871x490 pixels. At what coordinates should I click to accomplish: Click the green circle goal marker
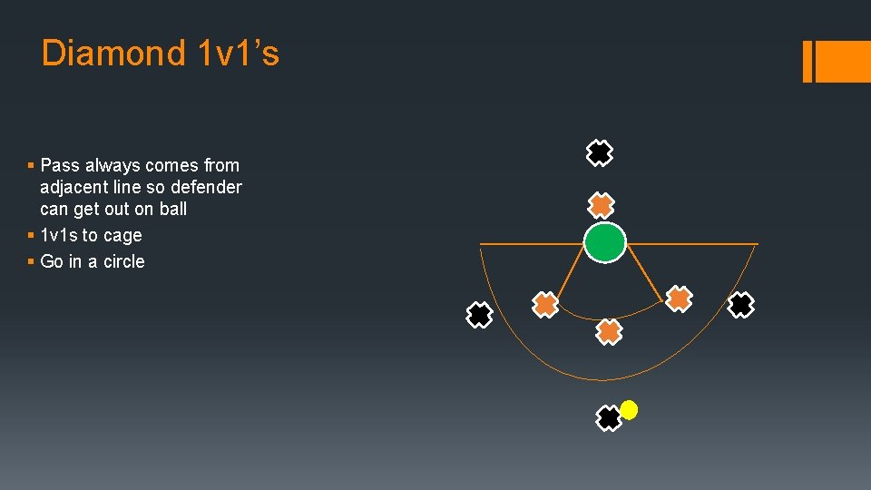(604, 243)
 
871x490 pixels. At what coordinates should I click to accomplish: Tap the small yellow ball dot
(629, 410)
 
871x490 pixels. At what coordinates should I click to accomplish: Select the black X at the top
(599, 153)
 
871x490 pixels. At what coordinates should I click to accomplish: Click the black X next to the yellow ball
(609, 418)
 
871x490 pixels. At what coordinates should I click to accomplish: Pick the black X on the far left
(479, 315)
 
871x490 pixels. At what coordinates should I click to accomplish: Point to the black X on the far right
(741, 305)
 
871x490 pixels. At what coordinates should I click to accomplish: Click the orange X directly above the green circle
(601, 206)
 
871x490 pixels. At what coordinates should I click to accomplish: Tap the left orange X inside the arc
(544, 305)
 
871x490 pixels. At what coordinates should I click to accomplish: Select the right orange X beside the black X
(679, 299)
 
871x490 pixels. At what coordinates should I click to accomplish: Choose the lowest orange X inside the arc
(610, 332)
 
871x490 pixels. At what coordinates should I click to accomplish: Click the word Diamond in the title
(113, 54)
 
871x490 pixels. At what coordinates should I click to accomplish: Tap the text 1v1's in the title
(238, 54)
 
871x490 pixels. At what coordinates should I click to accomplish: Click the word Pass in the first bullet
(60, 165)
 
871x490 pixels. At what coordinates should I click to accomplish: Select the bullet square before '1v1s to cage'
(31, 236)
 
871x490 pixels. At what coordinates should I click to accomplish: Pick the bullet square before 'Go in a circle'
(31, 262)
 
